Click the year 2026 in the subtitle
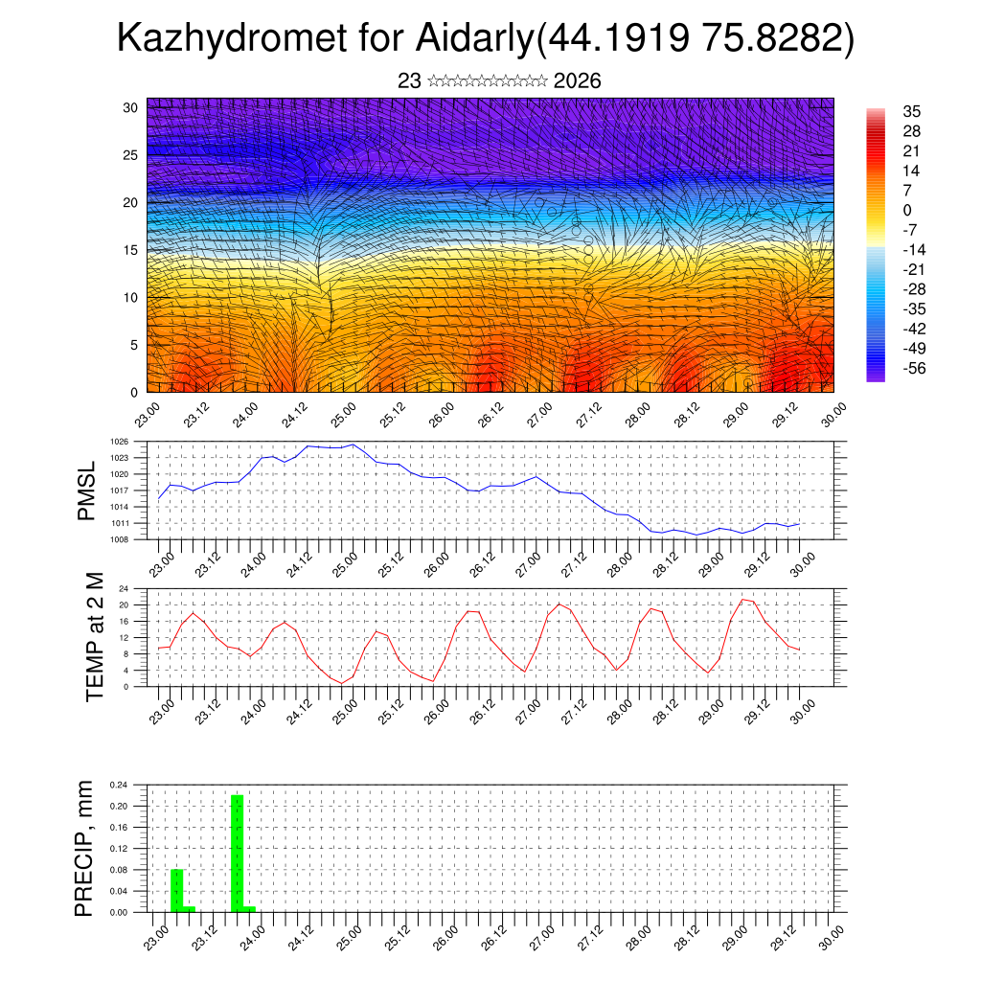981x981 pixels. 577,81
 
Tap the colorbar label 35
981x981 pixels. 911,111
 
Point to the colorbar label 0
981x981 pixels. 907,210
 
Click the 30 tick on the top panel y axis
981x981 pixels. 130,107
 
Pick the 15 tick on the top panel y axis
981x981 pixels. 130,250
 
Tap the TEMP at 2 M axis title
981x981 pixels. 94,636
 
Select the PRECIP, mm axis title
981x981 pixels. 85,847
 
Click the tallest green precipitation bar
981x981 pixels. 238,853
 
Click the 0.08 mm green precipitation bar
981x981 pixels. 176,890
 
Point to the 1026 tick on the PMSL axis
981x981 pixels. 120,442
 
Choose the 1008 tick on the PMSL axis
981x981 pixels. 120,539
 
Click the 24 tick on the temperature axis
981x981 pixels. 124,588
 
